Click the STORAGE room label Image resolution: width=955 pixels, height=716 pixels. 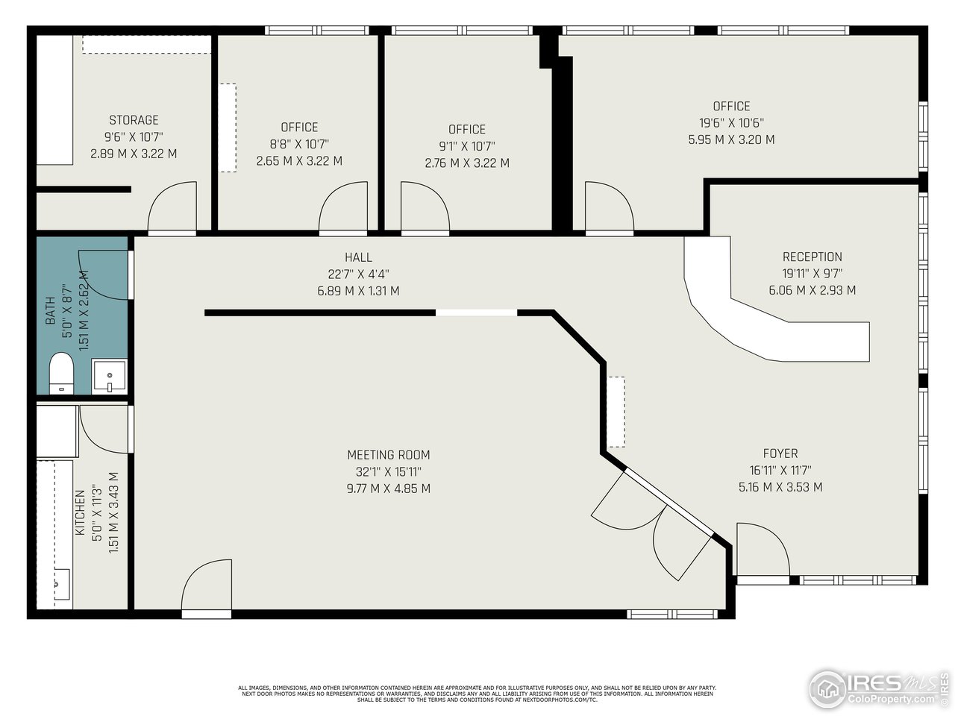point(134,120)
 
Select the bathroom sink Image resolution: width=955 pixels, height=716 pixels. point(109,375)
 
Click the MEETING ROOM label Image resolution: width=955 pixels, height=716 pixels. point(388,455)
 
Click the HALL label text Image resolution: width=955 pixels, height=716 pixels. point(358,257)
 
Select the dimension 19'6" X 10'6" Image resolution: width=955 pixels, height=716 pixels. point(731,123)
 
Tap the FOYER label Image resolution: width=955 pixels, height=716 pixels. point(780,453)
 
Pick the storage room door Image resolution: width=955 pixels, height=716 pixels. point(172,209)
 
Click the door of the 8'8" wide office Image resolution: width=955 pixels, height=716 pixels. point(343,209)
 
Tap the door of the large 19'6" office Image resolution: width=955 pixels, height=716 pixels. point(608,209)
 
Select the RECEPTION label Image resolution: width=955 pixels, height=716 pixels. point(812,257)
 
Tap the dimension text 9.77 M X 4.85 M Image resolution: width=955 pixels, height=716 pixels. point(388,489)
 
